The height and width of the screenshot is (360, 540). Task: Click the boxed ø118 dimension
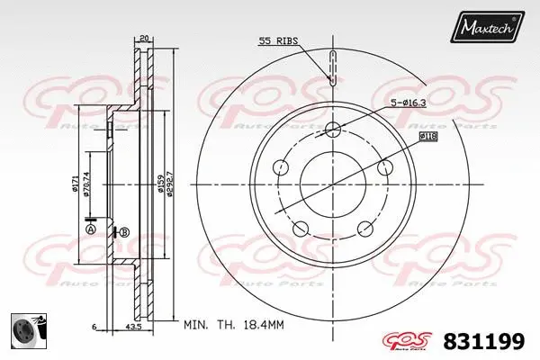[428, 135]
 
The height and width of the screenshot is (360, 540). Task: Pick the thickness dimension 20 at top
[143, 39]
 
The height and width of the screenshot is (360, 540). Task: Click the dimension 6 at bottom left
[93, 326]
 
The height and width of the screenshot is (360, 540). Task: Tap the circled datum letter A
[89, 229]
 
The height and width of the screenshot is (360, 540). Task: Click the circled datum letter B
[124, 232]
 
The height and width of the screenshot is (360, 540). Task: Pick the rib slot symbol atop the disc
[332, 67]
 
